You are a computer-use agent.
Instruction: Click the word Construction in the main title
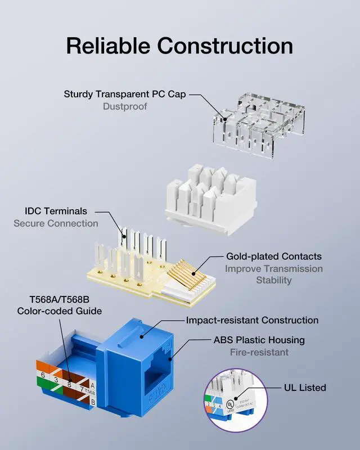(x=225, y=46)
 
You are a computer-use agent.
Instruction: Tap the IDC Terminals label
(x=56, y=211)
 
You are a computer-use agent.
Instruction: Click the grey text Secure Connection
(x=56, y=224)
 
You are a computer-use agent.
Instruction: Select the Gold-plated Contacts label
(x=274, y=256)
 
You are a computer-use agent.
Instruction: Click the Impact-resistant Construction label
(x=252, y=320)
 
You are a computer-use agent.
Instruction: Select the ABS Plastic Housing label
(x=259, y=340)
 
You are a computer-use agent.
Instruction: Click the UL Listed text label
(x=305, y=388)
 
